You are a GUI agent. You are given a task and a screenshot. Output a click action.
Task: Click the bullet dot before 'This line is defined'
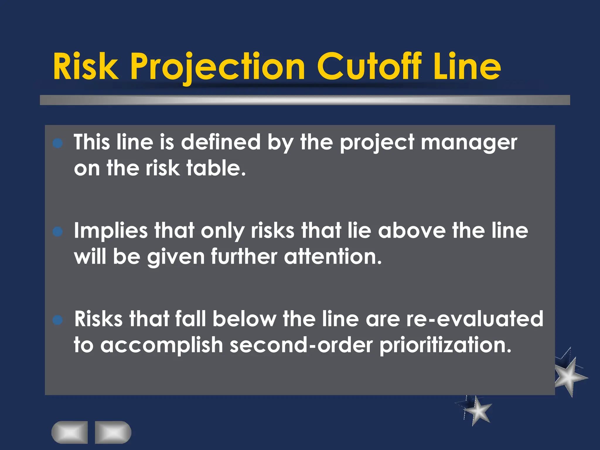pyautogui.click(x=58, y=144)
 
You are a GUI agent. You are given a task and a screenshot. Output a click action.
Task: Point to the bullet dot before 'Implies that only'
pyautogui.click(x=58, y=232)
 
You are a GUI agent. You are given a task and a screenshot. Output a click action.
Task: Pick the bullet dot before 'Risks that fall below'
pyautogui.click(x=58, y=320)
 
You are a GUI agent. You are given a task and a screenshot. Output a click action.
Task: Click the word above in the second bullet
pyautogui.click(x=412, y=231)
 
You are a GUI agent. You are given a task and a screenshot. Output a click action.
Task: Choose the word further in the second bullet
pyautogui.click(x=244, y=257)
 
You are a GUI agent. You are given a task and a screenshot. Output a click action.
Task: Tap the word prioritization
pyautogui.click(x=445, y=345)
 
